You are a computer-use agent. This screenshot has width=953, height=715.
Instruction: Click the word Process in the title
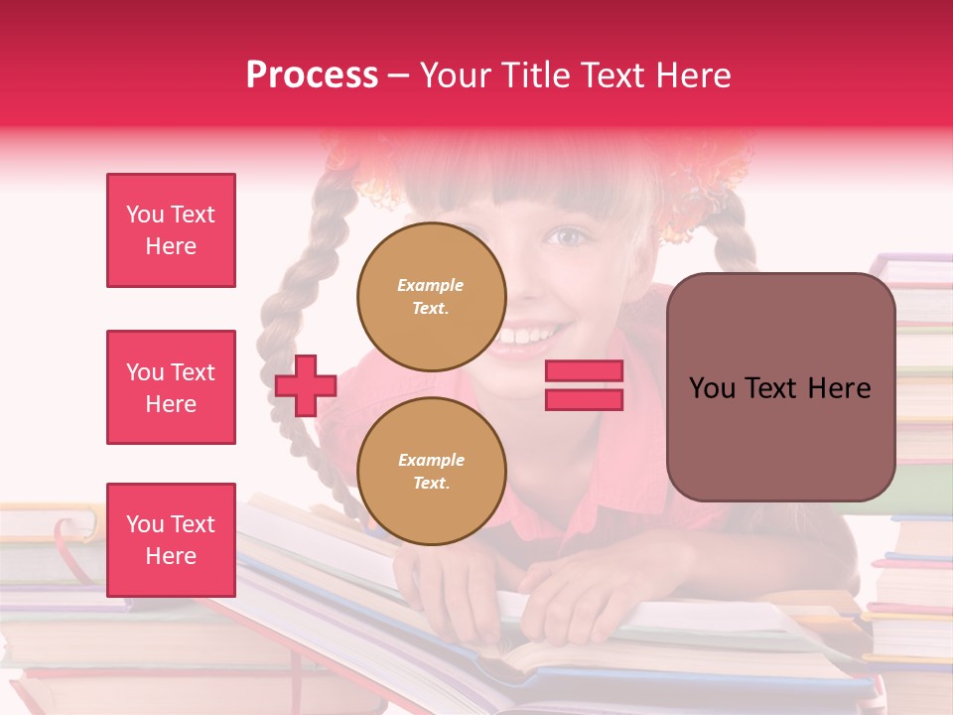(x=312, y=75)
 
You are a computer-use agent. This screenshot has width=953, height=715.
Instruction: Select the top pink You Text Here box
(x=171, y=230)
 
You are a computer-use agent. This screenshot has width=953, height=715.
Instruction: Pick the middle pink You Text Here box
(x=171, y=387)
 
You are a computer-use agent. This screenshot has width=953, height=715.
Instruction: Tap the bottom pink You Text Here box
(x=171, y=539)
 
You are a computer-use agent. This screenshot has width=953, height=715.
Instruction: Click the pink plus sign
(x=306, y=386)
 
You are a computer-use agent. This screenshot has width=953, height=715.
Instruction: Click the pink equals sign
(x=584, y=385)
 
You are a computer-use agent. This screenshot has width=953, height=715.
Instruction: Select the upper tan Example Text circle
(x=431, y=297)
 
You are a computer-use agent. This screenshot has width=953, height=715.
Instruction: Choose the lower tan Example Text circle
(x=431, y=472)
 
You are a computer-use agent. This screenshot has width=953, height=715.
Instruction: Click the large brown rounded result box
(x=780, y=387)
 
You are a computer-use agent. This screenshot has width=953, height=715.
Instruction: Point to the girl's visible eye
(x=569, y=237)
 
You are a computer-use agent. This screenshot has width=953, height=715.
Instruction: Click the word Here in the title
(x=691, y=75)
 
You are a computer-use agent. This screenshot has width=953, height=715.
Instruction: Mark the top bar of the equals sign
(x=584, y=371)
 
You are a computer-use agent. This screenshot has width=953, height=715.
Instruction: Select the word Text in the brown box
(x=780, y=388)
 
